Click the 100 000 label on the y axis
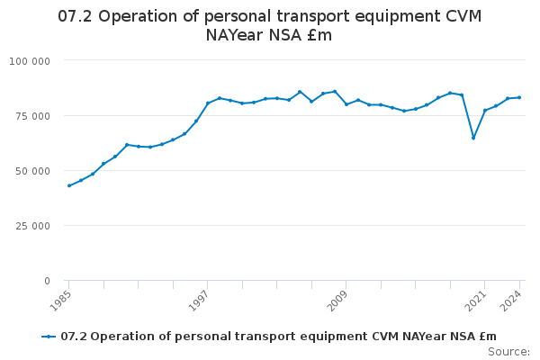pos(31,60)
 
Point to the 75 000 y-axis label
pos(33,115)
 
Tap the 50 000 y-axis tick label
pos(33,170)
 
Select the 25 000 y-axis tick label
pos(33,225)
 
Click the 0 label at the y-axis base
pos(47,281)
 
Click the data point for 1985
pos(69,185)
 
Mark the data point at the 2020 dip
pos(473,138)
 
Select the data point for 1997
pos(208,103)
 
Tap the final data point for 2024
pos(519,97)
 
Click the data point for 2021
pos(485,111)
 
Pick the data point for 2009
pos(346,104)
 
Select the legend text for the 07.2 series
pos(278,337)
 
